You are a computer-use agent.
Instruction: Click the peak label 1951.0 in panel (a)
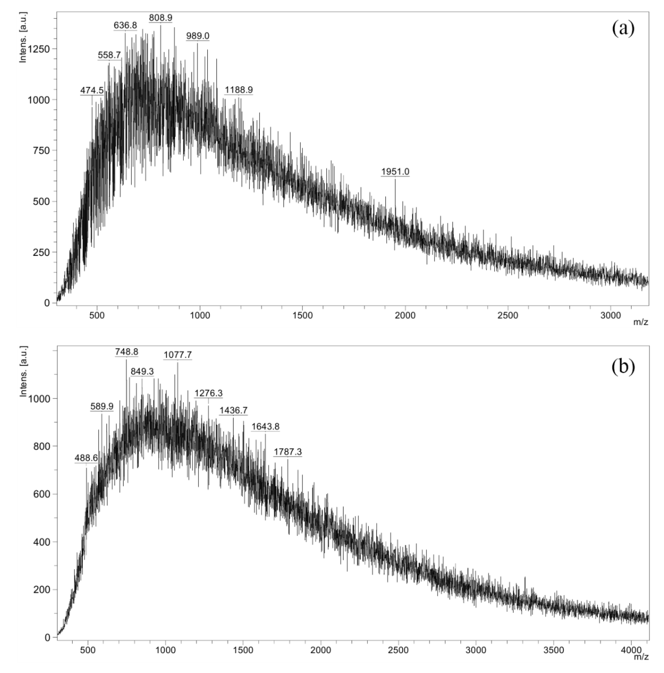click(x=395, y=171)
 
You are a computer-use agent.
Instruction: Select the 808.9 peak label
click(x=160, y=17)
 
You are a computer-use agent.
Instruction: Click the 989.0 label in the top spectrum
click(x=198, y=36)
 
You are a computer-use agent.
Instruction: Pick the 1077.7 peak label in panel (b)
click(x=178, y=355)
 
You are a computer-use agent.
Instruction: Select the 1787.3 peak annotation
click(x=288, y=452)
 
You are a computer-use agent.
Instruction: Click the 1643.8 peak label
click(x=265, y=426)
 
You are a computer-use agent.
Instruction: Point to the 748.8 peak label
click(x=127, y=352)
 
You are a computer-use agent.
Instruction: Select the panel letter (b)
click(x=623, y=367)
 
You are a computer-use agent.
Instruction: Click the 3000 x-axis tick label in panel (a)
click(x=611, y=315)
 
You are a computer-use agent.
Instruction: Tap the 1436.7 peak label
click(x=233, y=410)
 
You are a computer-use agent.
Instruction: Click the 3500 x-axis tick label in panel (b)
click(x=553, y=650)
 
